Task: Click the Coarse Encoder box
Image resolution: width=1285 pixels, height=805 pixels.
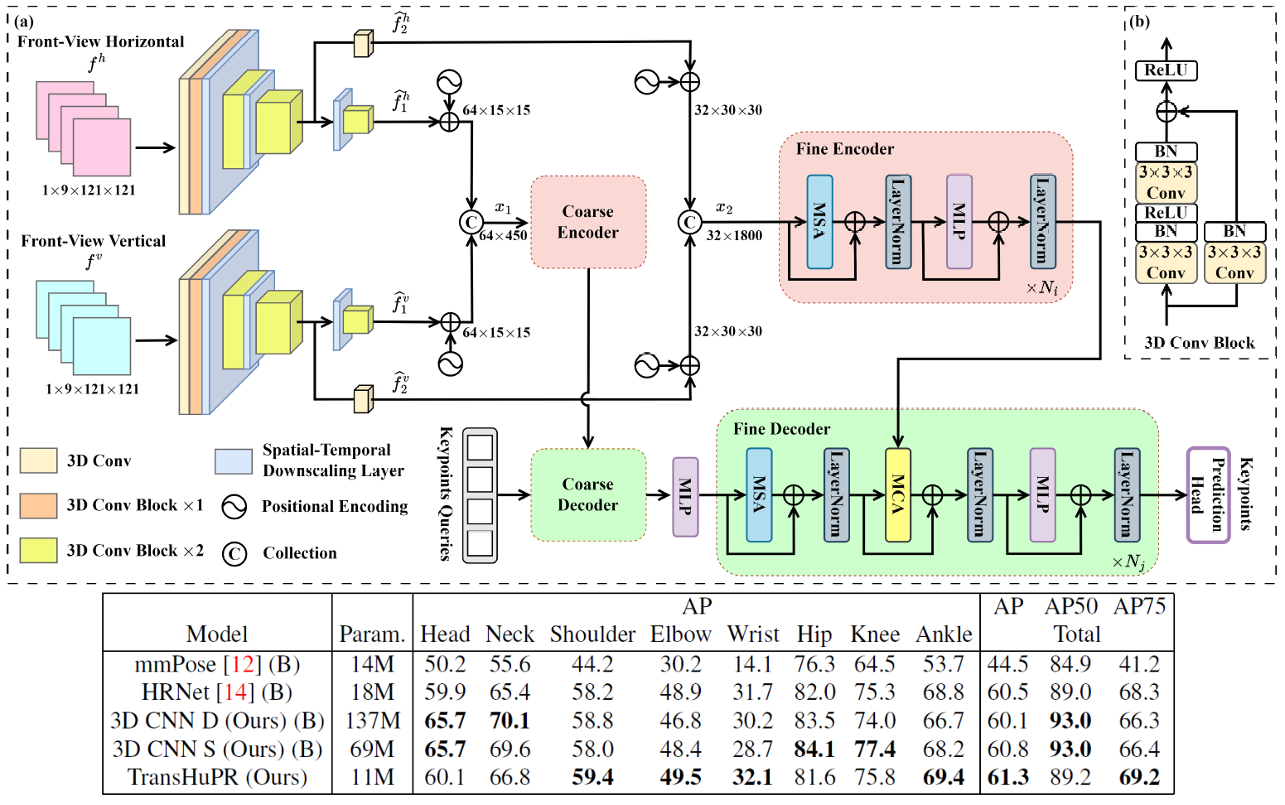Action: pos(587,222)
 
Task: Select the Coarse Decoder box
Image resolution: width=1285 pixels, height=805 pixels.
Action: pos(587,494)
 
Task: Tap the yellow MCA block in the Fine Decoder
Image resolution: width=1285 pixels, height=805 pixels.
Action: pos(897,494)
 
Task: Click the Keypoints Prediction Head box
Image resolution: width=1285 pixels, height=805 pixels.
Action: pos(1207,494)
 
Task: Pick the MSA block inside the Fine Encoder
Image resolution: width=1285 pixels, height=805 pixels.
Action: pos(819,221)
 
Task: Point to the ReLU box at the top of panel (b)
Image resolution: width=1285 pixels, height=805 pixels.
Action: pos(1166,70)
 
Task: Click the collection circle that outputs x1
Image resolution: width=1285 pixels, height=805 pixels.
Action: pos(471,222)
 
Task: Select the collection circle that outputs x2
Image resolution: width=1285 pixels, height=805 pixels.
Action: pos(689,222)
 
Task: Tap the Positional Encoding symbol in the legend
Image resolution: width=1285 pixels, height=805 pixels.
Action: pos(234,507)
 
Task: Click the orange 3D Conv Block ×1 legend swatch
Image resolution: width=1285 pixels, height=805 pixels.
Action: pos(38,505)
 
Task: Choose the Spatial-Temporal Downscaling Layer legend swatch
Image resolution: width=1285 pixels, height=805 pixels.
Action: pos(233,461)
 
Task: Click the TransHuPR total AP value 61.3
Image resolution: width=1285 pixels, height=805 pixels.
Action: pos(1007,778)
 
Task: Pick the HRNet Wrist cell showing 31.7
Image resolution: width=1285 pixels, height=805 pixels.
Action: pos(752,692)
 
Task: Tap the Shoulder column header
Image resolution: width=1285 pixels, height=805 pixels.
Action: pos(592,634)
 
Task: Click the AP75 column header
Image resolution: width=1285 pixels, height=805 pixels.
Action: pos(1139,607)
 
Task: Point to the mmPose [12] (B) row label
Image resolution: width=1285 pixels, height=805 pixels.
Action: pos(217,664)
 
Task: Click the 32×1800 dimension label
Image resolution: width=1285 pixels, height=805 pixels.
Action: pos(734,236)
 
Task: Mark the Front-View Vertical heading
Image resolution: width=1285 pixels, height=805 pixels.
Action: pos(93,241)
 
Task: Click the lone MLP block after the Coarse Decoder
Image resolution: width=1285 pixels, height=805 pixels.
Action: pos(685,496)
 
